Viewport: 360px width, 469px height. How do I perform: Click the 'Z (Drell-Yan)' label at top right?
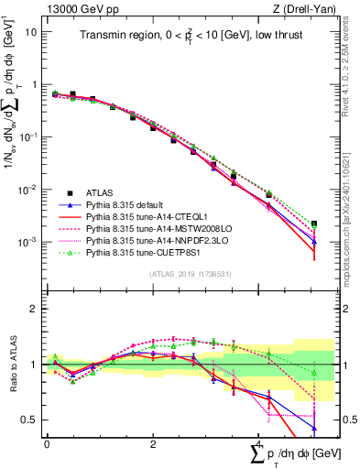click(286, 8)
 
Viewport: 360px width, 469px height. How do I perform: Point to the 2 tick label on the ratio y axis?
click(34, 309)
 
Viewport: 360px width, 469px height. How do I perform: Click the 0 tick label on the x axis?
click(47, 443)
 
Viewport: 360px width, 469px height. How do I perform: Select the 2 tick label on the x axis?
click(153, 443)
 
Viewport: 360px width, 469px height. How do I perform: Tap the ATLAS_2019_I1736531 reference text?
click(183, 274)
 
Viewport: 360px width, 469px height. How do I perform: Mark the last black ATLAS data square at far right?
click(314, 224)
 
